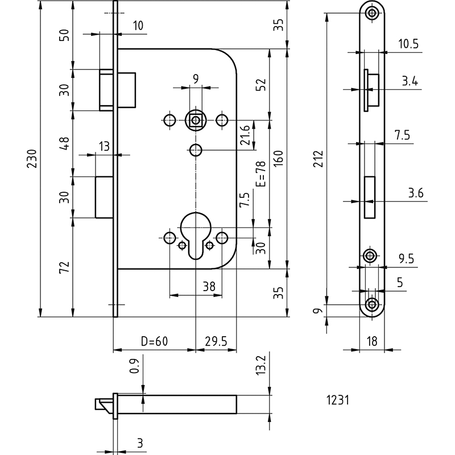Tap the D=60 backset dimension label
coord(154,341)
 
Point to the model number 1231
coord(338,400)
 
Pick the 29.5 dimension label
coord(216,341)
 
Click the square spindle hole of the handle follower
coord(196,119)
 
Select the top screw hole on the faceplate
coord(372,13)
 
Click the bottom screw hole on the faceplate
coord(372,304)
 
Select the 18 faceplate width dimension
coord(372,341)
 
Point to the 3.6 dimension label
coord(416,193)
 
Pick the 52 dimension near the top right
coord(261,84)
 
